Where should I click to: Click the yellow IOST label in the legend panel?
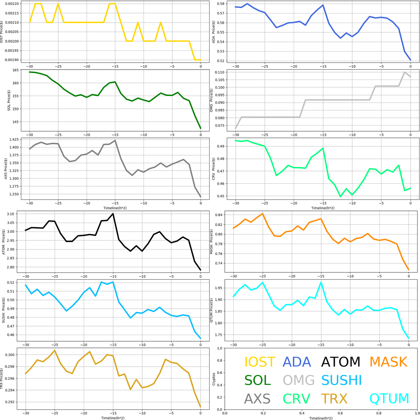(x=260, y=362)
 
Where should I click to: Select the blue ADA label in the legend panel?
(x=297, y=362)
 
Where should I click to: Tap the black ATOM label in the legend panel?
(x=340, y=362)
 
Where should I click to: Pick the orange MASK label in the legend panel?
(x=388, y=362)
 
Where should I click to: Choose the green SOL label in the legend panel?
(x=258, y=380)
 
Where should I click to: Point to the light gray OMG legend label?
(x=299, y=380)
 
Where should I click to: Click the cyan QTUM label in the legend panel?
(x=389, y=399)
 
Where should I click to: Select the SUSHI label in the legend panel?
(x=341, y=380)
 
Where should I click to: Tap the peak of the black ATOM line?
(x=113, y=213)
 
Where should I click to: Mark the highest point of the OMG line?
(x=405, y=72)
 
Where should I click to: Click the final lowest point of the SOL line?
(x=201, y=128)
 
